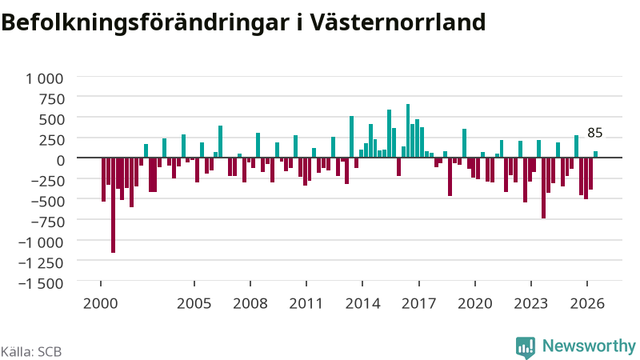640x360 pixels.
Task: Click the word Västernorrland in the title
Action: pyautogui.click(x=397, y=22)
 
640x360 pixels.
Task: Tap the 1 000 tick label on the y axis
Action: pyautogui.click(x=45, y=78)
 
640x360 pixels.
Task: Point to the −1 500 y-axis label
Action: pyautogui.click(x=42, y=283)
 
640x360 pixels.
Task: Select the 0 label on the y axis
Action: pyautogui.click(x=61, y=161)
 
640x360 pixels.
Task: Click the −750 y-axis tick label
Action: pyautogui.click(x=47, y=222)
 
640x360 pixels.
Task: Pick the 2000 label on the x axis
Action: pyautogui.click(x=101, y=303)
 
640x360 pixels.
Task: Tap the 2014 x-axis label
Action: pyautogui.click(x=362, y=303)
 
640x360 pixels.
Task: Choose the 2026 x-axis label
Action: pyautogui.click(x=587, y=303)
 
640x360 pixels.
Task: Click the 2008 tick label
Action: pyautogui.click(x=250, y=303)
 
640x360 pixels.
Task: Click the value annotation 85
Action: pyautogui.click(x=594, y=133)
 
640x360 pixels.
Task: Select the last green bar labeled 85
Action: pyautogui.click(x=595, y=154)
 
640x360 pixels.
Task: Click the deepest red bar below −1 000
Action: pyautogui.click(x=113, y=205)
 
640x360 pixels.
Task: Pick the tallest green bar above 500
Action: pyautogui.click(x=408, y=130)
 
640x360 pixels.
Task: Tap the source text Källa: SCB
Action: pyautogui.click(x=31, y=351)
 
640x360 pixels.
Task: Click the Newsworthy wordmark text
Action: pyautogui.click(x=589, y=346)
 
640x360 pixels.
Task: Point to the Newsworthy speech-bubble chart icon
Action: pyautogui.click(x=526, y=347)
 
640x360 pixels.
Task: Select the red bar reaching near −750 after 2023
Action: pyautogui.click(x=544, y=188)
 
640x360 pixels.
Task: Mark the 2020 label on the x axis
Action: pyautogui.click(x=474, y=303)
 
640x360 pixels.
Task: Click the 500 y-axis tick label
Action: pyautogui.click(x=51, y=119)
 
